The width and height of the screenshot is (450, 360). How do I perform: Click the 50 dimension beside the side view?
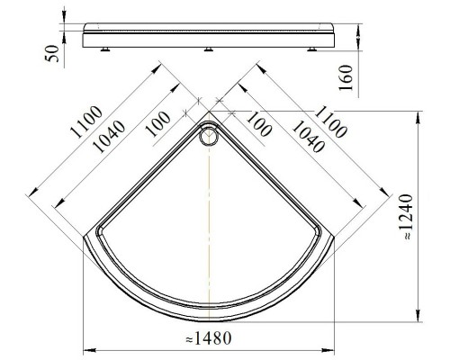click(52, 55)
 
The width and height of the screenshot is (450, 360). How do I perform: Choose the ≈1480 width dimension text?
click(210, 340)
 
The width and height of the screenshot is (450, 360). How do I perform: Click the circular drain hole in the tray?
click(210, 137)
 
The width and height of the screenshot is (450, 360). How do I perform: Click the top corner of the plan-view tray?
click(210, 120)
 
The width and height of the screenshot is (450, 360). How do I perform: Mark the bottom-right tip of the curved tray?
click(336, 236)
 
